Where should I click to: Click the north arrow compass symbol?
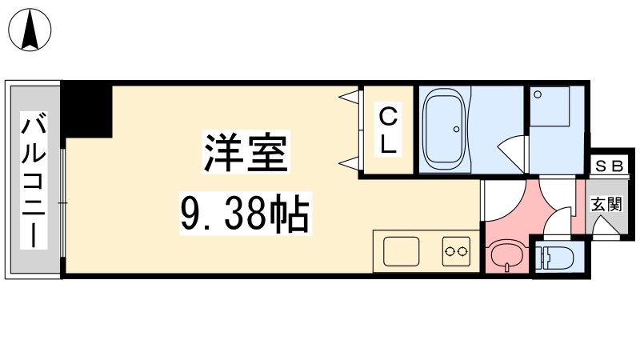pyautogui.click(x=30, y=30)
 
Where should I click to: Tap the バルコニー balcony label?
pyautogui.click(x=34, y=180)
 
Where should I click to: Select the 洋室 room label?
pyautogui.click(x=246, y=152)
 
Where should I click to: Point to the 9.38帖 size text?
pyautogui.click(x=246, y=214)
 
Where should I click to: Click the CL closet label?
pyautogui.click(x=388, y=130)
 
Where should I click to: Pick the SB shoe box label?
pyautogui.click(x=609, y=166)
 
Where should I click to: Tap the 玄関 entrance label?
pyautogui.click(x=607, y=204)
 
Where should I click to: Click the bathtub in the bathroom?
pyautogui.click(x=445, y=129)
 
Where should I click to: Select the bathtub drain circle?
pyautogui.click(x=456, y=130)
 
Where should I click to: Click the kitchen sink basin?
pyautogui.click(x=402, y=251)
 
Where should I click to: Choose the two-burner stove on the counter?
pyautogui.click(x=456, y=251)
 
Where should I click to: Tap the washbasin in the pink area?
pyautogui.click(x=506, y=256)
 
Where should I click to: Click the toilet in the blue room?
pyautogui.click(x=556, y=258)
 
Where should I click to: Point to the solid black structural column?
pyautogui.click(x=86, y=111)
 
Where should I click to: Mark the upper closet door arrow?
pyautogui.click(x=350, y=97)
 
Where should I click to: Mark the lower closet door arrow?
pyautogui.click(x=350, y=163)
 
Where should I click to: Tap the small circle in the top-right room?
pyautogui.click(x=538, y=94)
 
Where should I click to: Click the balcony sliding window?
pyautogui.click(x=63, y=203)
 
